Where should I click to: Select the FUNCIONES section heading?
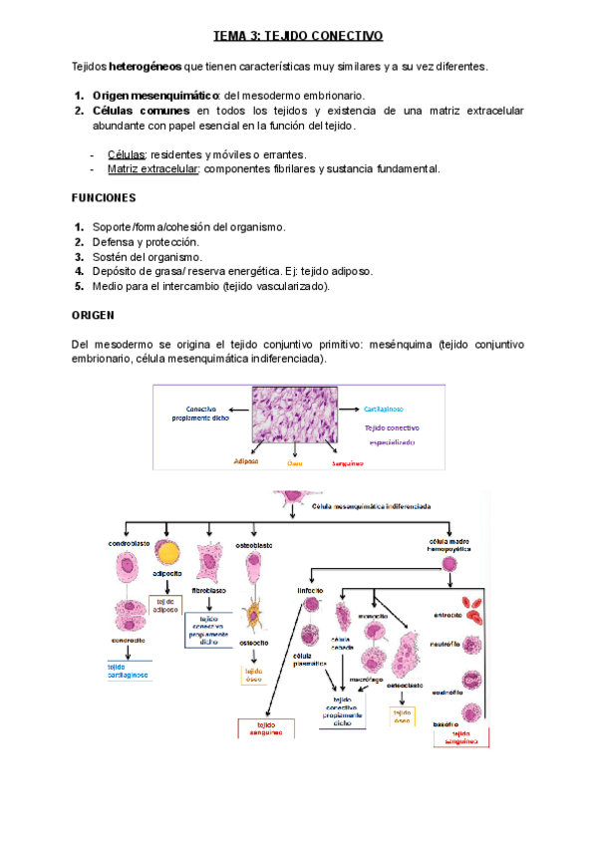click(x=110, y=198)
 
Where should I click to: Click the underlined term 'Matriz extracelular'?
click(x=153, y=169)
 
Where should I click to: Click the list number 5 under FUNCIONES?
click(x=79, y=286)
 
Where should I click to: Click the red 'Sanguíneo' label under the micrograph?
click(x=347, y=463)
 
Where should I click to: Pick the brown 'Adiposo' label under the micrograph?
click(x=245, y=462)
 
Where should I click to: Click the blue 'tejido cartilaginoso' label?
click(x=128, y=672)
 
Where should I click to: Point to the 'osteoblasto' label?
click(x=253, y=545)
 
